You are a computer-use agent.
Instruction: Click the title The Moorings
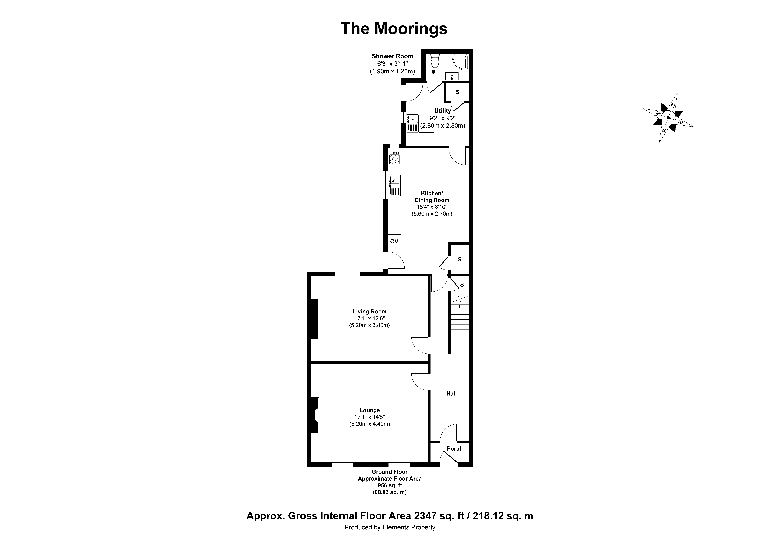(394, 29)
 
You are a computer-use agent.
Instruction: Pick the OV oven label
(394, 242)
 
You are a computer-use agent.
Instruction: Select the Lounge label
(370, 410)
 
